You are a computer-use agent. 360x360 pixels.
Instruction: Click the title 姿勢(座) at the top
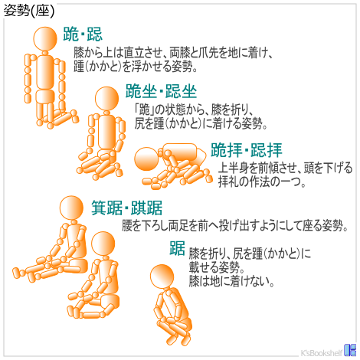tap(29, 11)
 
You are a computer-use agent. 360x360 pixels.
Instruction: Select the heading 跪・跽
tap(83, 34)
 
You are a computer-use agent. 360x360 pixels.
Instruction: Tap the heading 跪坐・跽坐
tap(161, 91)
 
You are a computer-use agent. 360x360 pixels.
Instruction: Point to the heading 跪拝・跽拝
tap(247, 150)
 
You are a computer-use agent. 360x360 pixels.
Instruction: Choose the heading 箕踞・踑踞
tap(127, 208)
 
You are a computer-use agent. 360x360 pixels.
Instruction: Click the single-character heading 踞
tap(177, 248)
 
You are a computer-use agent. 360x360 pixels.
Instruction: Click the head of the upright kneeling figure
tap(45, 39)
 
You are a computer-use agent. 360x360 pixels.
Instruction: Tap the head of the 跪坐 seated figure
tap(107, 99)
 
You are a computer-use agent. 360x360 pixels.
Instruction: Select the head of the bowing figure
tap(146, 159)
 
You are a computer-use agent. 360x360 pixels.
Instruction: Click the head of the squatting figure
tap(162, 277)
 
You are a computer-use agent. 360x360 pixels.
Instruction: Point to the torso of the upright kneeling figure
tap(45, 72)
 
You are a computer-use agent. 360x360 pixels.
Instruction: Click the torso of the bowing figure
tap(180, 152)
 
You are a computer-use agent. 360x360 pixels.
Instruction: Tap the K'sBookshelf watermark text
tap(322, 352)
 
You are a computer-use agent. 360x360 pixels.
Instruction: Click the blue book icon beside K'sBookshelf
tap(350, 350)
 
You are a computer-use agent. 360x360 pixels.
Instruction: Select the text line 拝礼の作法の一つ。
tap(262, 182)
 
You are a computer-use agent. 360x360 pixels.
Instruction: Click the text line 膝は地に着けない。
tap(231, 281)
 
